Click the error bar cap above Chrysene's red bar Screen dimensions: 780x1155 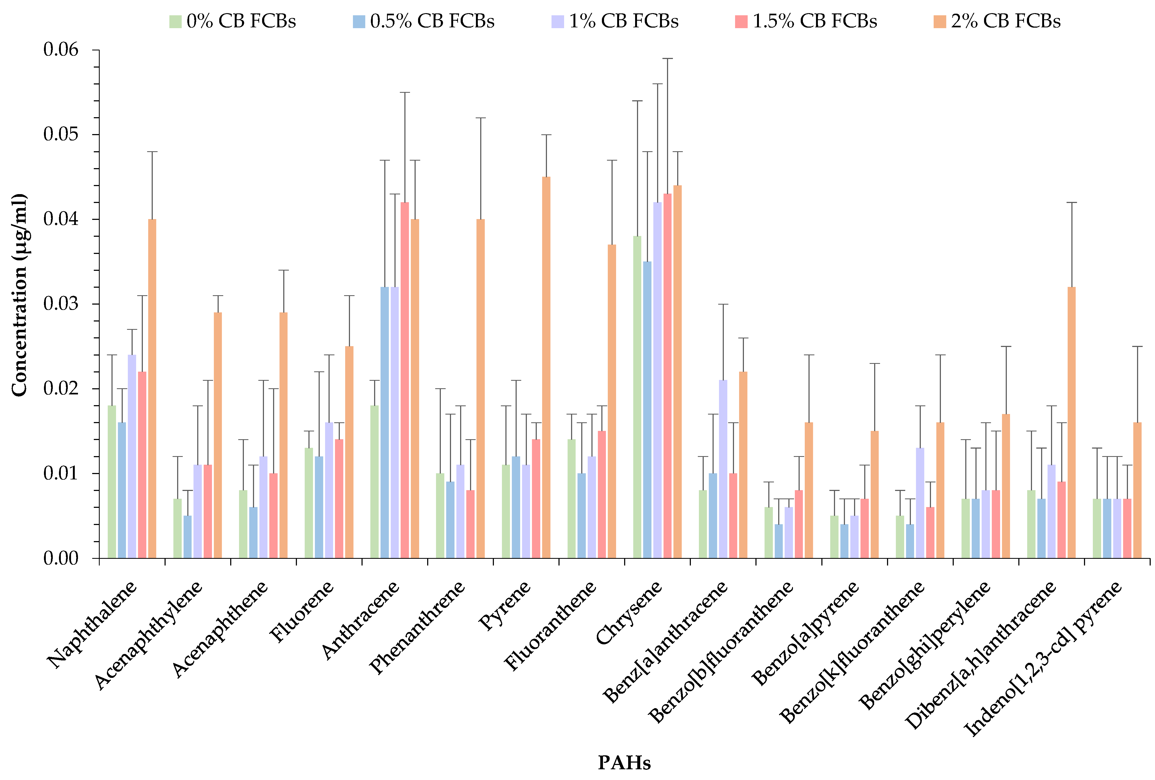tap(668, 59)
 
